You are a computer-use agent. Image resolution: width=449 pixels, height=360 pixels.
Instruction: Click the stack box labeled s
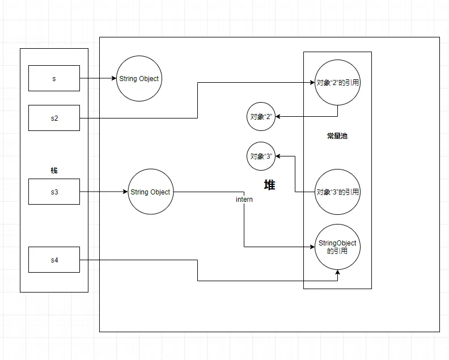coord(54,78)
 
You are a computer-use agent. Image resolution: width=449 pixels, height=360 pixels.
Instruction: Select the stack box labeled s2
coord(54,118)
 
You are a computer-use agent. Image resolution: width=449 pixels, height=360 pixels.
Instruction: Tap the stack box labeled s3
coord(54,192)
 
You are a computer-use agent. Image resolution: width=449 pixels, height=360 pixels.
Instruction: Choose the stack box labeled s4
coord(54,260)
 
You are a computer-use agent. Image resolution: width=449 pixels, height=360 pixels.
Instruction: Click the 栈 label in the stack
coord(54,170)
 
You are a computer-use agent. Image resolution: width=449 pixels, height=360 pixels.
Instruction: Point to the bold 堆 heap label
coord(269,185)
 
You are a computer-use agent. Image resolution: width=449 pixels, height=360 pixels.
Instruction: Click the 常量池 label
coord(337,136)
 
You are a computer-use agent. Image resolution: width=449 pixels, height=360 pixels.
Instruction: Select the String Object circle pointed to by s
coord(139,79)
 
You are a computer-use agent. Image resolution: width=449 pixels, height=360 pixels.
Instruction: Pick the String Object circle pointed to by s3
coord(150,192)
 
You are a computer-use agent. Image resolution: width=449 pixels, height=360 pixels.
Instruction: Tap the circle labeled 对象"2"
coord(261,116)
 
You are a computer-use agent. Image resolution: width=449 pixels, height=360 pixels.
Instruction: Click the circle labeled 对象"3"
coord(261,156)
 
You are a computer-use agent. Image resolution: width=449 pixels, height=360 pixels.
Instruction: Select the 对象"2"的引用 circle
coord(338,83)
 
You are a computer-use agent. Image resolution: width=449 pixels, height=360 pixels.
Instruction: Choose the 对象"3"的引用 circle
coord(338,192)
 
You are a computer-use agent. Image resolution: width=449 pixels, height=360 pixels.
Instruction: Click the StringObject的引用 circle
coord(338,247)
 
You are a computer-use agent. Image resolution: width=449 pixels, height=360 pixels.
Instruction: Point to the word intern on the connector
coord(244,200)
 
